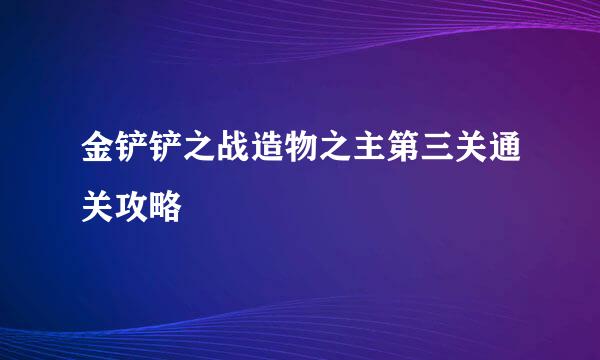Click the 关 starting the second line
pyautogui.click(x=96, y=207)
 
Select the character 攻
pyautogui.click(x=130, y=207)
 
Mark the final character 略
pyautogui.click(x=164, y=207)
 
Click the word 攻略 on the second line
pyautogui.click(x=147, y=207)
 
